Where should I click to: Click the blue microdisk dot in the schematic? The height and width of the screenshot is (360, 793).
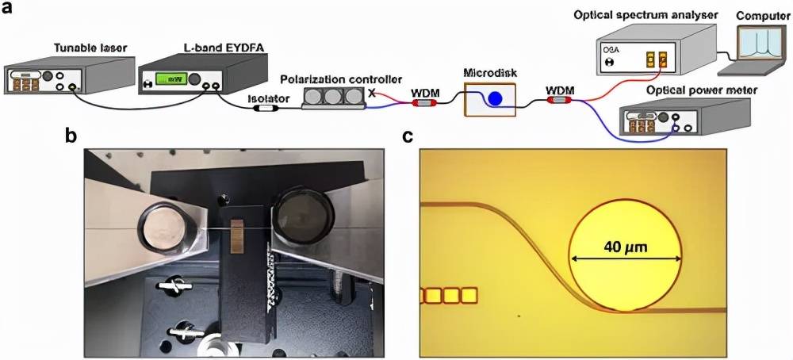point(494,99)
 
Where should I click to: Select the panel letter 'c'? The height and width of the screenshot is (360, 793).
point(409,136)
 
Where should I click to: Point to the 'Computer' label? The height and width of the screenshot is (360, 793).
point(758,15)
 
